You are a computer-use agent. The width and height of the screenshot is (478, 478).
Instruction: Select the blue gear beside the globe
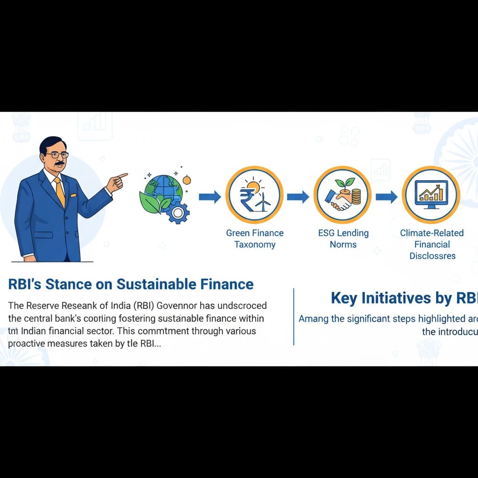click(x=178, y=212)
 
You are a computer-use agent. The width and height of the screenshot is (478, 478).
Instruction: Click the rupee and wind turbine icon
click(x=254, y=196)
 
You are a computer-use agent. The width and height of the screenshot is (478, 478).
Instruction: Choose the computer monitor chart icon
click(x=431, y=195)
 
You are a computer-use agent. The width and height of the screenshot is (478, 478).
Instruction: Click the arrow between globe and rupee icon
click(x=210, y=197)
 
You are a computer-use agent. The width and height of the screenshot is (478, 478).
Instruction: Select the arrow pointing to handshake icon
click(x=298, y=197)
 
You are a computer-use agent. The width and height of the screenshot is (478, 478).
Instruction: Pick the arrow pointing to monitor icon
click(x=386, y=197)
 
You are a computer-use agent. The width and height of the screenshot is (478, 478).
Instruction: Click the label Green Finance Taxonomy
click(x=255, y=239)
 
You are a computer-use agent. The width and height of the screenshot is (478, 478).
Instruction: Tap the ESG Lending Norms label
click(x=343, y=239)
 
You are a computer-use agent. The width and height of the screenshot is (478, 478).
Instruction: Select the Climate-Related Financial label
click(x=432, y=244)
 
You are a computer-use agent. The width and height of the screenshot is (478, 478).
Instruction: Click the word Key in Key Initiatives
click(x=343, y=298)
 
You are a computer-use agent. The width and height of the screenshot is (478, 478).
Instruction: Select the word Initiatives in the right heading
click(x=402, y=298)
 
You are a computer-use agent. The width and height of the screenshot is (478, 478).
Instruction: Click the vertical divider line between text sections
click(x=294, y=316)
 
